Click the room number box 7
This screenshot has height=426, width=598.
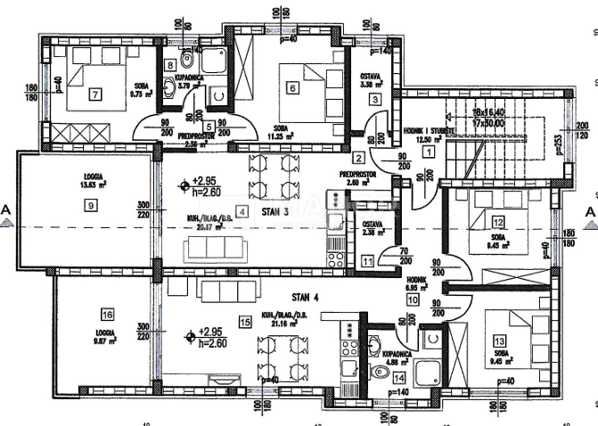tap(95, 94)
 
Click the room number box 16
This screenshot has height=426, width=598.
tap(107, 315)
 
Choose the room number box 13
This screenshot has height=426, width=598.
tap(499, 340)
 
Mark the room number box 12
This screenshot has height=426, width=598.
tap(498, 222)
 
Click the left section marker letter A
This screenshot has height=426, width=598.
tap(7, 210)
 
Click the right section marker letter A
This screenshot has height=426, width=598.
tap(589, 210)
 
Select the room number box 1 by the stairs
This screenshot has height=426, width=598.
tap(429, 152)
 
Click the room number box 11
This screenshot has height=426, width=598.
tap(369, 261)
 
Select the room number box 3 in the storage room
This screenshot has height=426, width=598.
tap(376, 99)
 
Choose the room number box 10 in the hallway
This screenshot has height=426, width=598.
tap(413, 300)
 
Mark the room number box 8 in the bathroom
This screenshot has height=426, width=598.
tap(170, 65)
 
